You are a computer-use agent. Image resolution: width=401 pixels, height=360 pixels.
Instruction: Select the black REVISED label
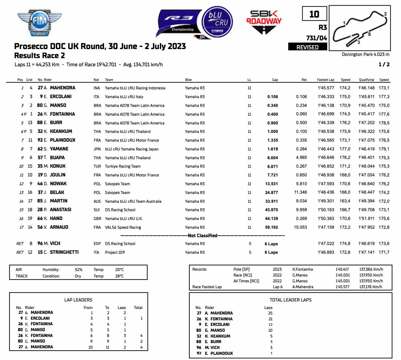click(307, 47)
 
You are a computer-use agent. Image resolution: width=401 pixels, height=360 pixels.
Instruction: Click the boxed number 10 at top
click(314, 14)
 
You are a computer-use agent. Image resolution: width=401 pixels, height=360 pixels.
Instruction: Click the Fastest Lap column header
click(325, 80)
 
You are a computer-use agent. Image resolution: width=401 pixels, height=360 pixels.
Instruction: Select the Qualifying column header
click(366, 80)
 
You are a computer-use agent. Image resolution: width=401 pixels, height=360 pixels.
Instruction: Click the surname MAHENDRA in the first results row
click(62, 88)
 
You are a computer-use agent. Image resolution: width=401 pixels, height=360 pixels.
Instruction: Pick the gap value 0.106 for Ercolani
click(272, 96)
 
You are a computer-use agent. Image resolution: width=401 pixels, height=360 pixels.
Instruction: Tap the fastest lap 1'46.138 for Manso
click(326, 105)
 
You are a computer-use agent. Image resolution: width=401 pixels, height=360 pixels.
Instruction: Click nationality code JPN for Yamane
click(97, 149)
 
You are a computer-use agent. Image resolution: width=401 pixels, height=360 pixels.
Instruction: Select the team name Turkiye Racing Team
click(123, 166)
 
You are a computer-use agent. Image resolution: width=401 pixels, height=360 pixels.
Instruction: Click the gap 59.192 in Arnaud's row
click(271, 227)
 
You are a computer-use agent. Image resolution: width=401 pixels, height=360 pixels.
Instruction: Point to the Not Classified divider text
click(202, 236)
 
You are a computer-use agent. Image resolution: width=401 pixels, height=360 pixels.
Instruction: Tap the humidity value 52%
click(78, 270)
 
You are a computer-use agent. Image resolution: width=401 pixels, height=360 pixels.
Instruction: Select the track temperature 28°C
click(119, 276)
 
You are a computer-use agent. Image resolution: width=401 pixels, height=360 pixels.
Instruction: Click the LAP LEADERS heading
click(78, 300)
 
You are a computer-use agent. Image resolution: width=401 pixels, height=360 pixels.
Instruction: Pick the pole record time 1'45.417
click(342, 269)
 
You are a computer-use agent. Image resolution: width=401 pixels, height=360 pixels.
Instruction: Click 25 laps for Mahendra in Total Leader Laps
click(270, 313)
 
